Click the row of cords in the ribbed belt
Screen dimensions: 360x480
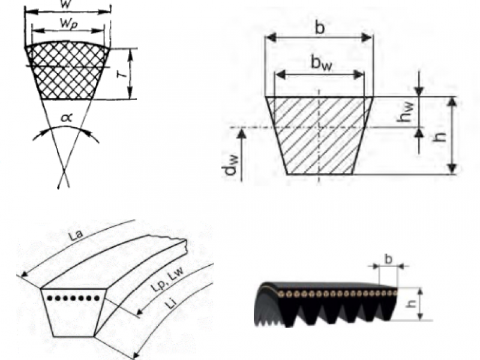tap(336, 293)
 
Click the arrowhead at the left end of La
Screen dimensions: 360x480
tap(23, 276)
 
